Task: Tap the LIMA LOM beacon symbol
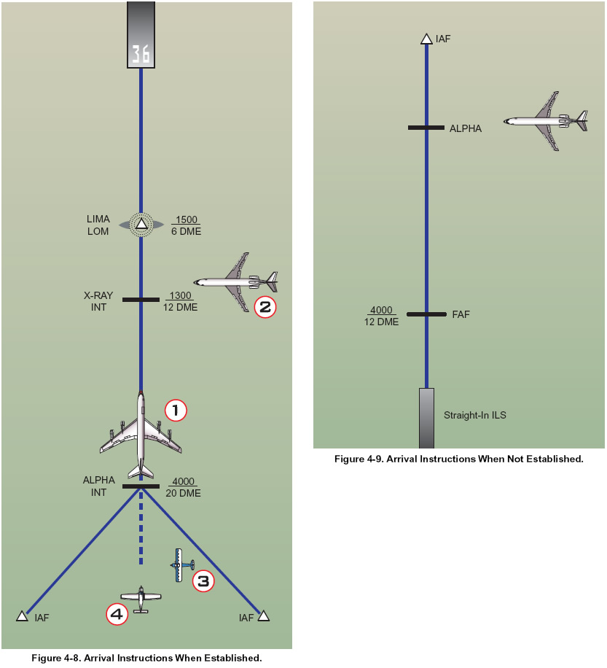pyautogui.click(x=141, y=225)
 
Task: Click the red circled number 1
pyautogui.click(x=176, y=410)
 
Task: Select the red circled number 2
pyautogui.click(x=265, y=307)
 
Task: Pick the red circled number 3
pyautogui.click(x=203, y=581)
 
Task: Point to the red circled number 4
pyautogui.click(x=117, y=615)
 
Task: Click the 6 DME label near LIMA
pyautogui.click(x=187, y=232)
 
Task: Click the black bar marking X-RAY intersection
pyautogui.click(x=141, y=300)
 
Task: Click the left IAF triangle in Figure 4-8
pyautogui.click(x=22, y=615)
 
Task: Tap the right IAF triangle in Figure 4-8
pyautogui.click(x=263, y=615)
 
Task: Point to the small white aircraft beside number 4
pyautogui.click(x=141, y=597)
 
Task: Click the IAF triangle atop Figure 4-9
pyautogui.click(x=426, y=39)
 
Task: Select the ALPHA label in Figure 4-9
pyautogui.click(x=466, y=128)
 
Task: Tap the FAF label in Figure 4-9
pyautogui.click(x=461, y=315)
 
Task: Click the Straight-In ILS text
pyautogui.click(x=475, y=416)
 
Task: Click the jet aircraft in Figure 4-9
pyautogui.click(x=546, y=121)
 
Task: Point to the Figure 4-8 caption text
pyautogui.click(x=146, y=659)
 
